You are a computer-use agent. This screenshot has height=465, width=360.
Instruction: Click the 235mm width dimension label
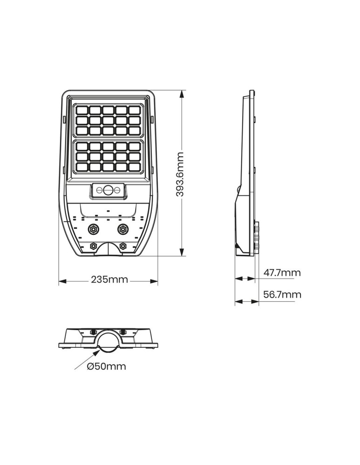click(109, 280)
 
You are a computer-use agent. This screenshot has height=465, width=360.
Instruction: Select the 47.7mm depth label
click(282, 273)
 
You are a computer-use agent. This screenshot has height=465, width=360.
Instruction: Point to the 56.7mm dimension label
click(282, 294)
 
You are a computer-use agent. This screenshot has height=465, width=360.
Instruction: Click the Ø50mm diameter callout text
click(107, 366)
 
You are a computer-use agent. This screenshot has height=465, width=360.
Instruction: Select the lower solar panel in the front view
click(108, 158)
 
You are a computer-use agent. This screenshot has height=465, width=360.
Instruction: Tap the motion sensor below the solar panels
click(108, 190)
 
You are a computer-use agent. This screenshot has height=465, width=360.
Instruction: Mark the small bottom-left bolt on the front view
click(93, 246)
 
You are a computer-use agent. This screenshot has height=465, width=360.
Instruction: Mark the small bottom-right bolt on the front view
click(123, 246)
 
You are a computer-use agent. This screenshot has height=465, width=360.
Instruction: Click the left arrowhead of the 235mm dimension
click(62, 281)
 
